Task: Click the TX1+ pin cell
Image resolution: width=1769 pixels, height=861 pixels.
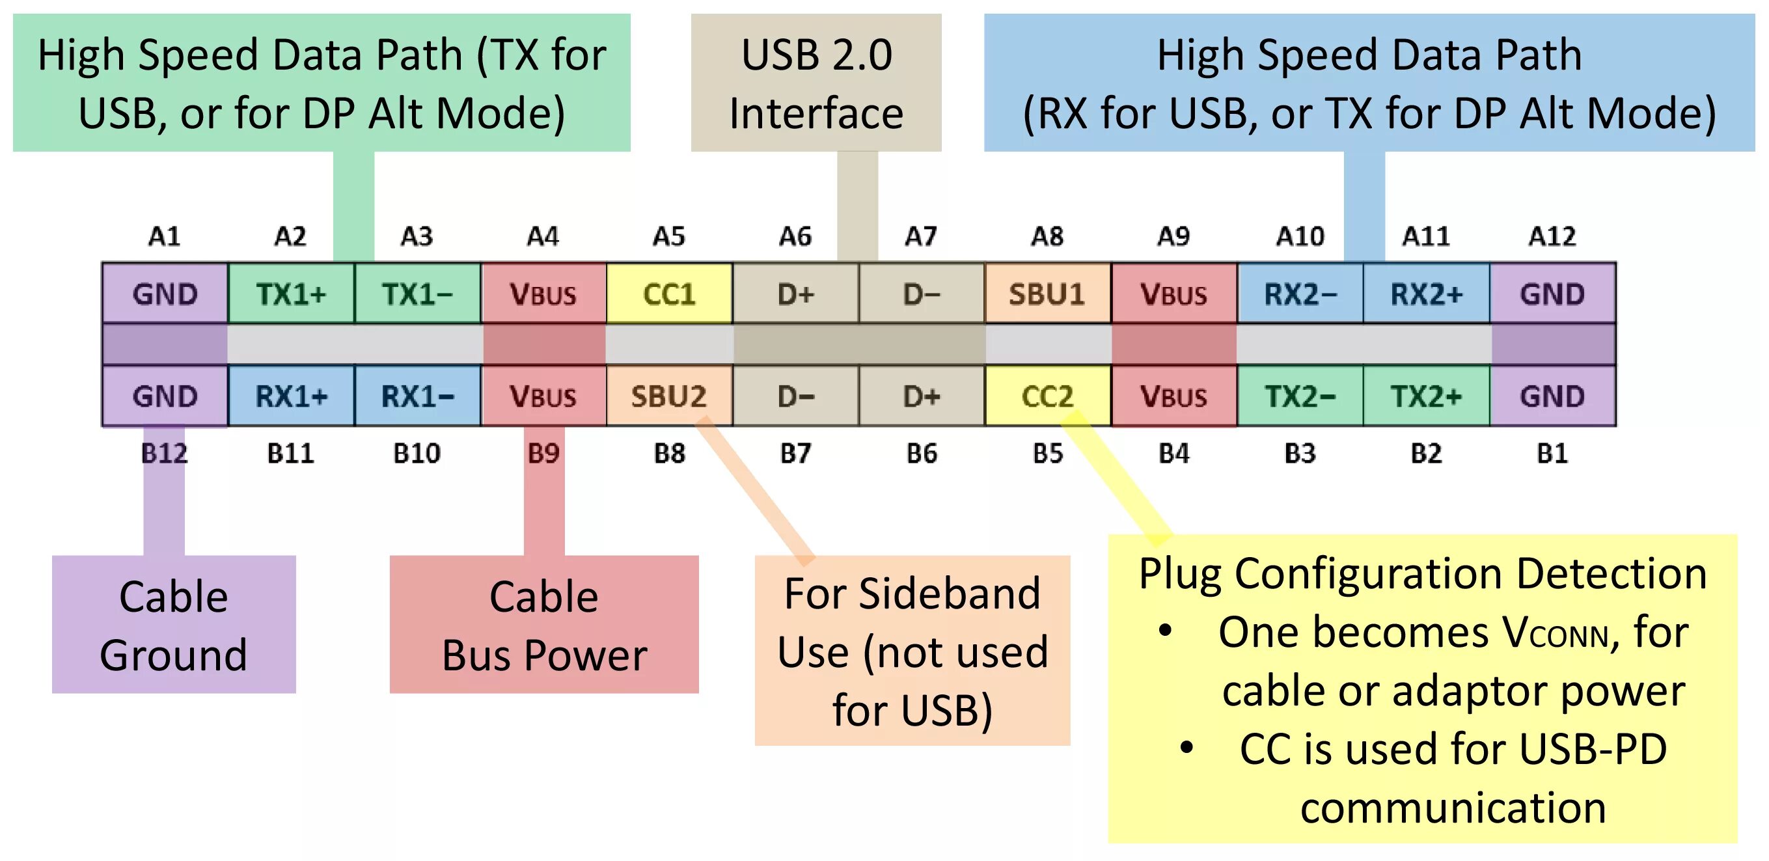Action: [291, 294]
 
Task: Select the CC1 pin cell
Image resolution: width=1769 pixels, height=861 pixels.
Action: [669, 294]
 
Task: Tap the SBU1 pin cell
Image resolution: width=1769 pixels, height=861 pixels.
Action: [1047, 294]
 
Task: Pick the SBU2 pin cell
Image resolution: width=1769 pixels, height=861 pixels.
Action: [669, 396]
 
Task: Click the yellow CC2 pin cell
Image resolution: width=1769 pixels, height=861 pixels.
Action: [1047, 396]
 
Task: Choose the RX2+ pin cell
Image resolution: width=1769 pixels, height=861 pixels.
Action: [1426, 294]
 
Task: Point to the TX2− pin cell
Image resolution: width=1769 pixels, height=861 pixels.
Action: [1300, 396]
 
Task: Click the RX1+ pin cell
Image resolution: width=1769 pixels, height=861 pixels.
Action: [291, 396]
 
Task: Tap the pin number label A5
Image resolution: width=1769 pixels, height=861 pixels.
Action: [669, 236]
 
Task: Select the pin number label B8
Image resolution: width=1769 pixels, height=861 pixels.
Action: [669, 453]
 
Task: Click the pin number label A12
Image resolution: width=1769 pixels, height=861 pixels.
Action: [1552, 236]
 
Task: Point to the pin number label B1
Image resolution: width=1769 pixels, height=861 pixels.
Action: [1552, 453]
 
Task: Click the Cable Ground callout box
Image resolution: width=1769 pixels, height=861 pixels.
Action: [174, 624]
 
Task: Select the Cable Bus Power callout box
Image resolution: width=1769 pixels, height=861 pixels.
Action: [544, 624]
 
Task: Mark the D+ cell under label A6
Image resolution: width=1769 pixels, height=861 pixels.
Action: [795, 294]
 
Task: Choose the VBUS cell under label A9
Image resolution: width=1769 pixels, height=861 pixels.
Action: [1173, 294]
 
